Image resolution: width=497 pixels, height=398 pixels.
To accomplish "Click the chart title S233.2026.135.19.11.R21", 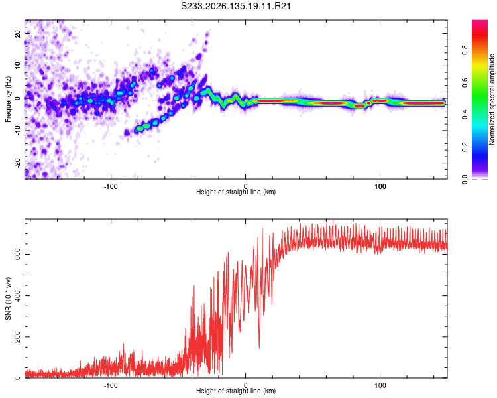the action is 235,6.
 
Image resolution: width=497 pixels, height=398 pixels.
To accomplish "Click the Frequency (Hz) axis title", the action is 8,99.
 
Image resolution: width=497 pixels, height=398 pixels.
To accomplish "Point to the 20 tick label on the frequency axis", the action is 17,34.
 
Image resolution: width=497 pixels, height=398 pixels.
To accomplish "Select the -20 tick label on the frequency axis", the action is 17,163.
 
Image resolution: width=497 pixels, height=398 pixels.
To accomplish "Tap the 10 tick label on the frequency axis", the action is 17,66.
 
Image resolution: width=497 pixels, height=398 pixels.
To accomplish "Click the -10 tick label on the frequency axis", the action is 17,131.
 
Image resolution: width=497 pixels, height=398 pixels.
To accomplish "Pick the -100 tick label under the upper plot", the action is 111,186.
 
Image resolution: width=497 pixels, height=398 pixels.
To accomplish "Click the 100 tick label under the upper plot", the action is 380,186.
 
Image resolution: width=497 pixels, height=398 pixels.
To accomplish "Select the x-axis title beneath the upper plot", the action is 236,192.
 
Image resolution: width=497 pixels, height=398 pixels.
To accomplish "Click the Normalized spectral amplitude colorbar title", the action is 492,99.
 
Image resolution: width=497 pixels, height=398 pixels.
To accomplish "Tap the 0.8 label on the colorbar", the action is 465,50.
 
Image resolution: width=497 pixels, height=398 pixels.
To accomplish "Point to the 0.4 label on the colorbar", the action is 465,115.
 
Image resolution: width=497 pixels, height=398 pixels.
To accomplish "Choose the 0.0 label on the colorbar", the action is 465,179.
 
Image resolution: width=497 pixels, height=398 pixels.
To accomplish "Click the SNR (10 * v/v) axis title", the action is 8,298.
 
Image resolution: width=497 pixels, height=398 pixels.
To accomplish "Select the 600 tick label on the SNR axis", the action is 17,254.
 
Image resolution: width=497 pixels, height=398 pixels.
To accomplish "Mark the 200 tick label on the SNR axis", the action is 17,337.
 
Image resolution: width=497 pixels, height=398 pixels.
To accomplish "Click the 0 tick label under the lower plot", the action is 245,385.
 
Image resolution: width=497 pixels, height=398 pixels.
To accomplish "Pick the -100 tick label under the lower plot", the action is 111,385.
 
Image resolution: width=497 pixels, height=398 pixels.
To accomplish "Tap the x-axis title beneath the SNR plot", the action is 236,391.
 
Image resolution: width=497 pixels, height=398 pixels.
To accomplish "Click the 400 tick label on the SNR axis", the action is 17,295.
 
